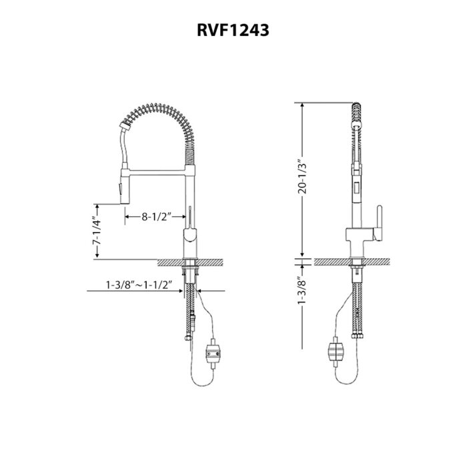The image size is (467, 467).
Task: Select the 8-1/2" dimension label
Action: [157, 216]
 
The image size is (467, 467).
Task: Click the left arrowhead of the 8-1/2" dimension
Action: [125, 216]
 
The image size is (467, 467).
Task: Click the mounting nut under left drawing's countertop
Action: [192, 270]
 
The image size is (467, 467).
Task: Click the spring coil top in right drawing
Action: [359, 107]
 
